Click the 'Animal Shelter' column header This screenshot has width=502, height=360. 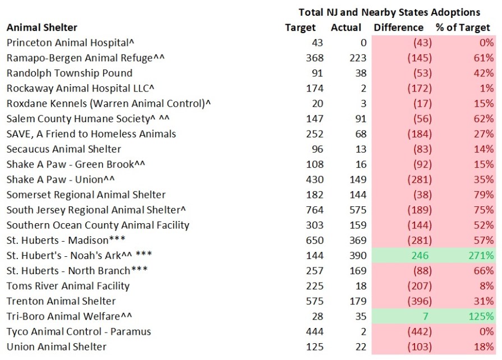pos(42,27)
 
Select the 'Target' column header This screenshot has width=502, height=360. pos(301,27)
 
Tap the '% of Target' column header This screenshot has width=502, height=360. pos(463,27)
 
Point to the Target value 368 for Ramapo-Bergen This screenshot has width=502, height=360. pos(315,58)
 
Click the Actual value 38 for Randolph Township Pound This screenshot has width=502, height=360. pos(360,73)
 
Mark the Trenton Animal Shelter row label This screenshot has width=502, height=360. pos(61,301)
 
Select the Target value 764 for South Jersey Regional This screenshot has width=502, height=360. pos(315,210)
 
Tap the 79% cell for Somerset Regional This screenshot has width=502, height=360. pos(484,195)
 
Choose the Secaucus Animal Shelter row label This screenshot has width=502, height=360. pos(64,149)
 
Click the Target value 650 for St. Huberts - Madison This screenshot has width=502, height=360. pos(315,240)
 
